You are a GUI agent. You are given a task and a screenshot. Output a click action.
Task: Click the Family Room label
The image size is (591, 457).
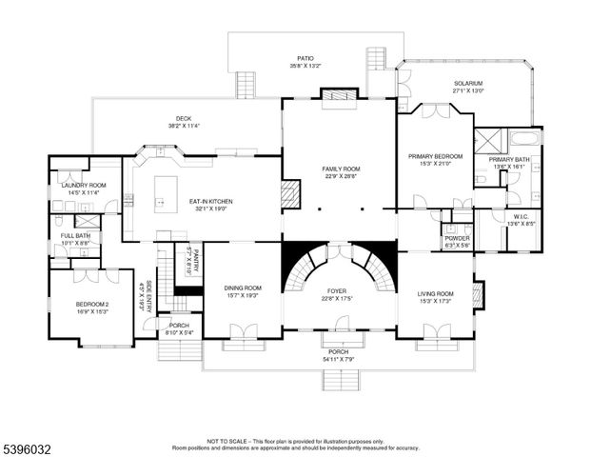pyautogui.click(x=338, y=169)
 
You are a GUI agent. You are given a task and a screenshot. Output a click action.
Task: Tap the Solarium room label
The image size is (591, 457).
pyautogui.click(x=467, y=83)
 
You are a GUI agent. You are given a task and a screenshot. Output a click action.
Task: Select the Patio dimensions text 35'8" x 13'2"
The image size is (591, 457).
pyautogui.click(x=305, y=66)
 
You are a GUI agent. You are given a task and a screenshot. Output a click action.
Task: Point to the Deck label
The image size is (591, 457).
pyautogui.click(x=183, y=119)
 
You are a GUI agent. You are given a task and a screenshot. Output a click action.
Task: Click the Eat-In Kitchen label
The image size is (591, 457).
pyautogui.click(x=210, y=201)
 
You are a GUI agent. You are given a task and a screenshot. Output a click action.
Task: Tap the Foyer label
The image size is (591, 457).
pyautogui.click(x=338, y=290)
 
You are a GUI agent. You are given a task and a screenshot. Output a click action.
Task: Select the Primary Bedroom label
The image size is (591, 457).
pyautogui.click(x=435, y=156)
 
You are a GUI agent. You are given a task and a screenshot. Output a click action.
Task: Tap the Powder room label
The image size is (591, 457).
pyautogui.click(x=457, y=239)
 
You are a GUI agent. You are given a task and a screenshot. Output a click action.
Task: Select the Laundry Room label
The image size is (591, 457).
pyautogui.click(x=84, y=185)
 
